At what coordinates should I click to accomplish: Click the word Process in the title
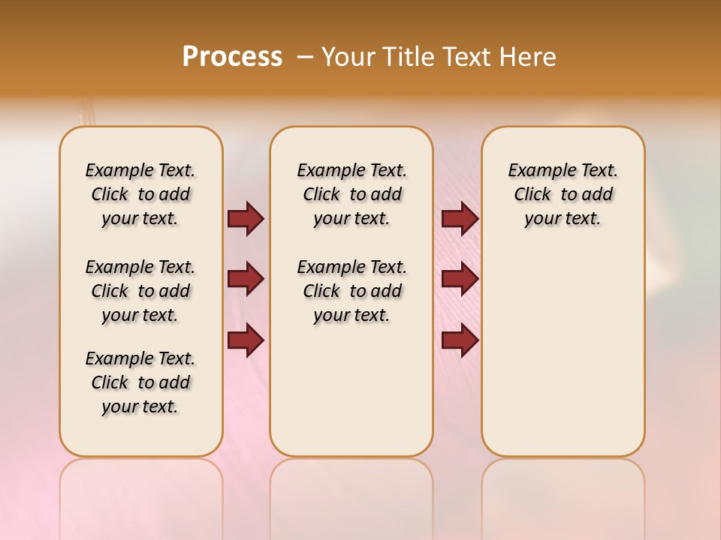point(232,56)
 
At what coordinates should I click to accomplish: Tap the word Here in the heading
point(529,57)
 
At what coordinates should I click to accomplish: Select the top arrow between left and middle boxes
point(246,218)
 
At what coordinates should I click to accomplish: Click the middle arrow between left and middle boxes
point(246,279)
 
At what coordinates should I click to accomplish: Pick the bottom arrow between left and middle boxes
point(246,340)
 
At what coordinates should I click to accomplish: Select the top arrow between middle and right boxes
point(460,218)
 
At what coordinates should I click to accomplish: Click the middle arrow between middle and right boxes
point(460,279)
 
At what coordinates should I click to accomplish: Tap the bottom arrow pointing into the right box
point(460,340)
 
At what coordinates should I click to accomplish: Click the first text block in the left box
point(140,194)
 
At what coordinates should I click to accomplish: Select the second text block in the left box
point(140,291)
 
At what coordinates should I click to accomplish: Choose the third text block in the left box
point(140,382)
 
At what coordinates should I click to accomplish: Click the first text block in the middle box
point(351,194)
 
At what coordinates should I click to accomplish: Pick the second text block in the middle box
point(351,291)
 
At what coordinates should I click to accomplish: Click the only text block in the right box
point(563,194)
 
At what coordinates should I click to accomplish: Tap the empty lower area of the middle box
point(351,390)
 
